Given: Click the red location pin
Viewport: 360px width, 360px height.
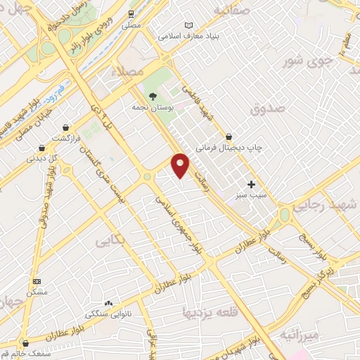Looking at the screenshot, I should [x=181, y=165].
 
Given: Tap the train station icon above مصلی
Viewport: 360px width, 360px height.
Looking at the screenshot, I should [x=131, y=14].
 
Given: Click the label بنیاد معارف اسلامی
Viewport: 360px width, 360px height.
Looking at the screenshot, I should [x=189, y=34].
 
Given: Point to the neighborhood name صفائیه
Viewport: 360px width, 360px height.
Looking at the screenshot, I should [x=232, y=11].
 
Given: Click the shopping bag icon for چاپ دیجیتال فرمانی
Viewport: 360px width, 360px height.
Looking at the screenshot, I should [x=229, y=136].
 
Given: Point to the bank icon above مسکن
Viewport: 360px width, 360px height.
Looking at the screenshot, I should [x=37, y=281].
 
